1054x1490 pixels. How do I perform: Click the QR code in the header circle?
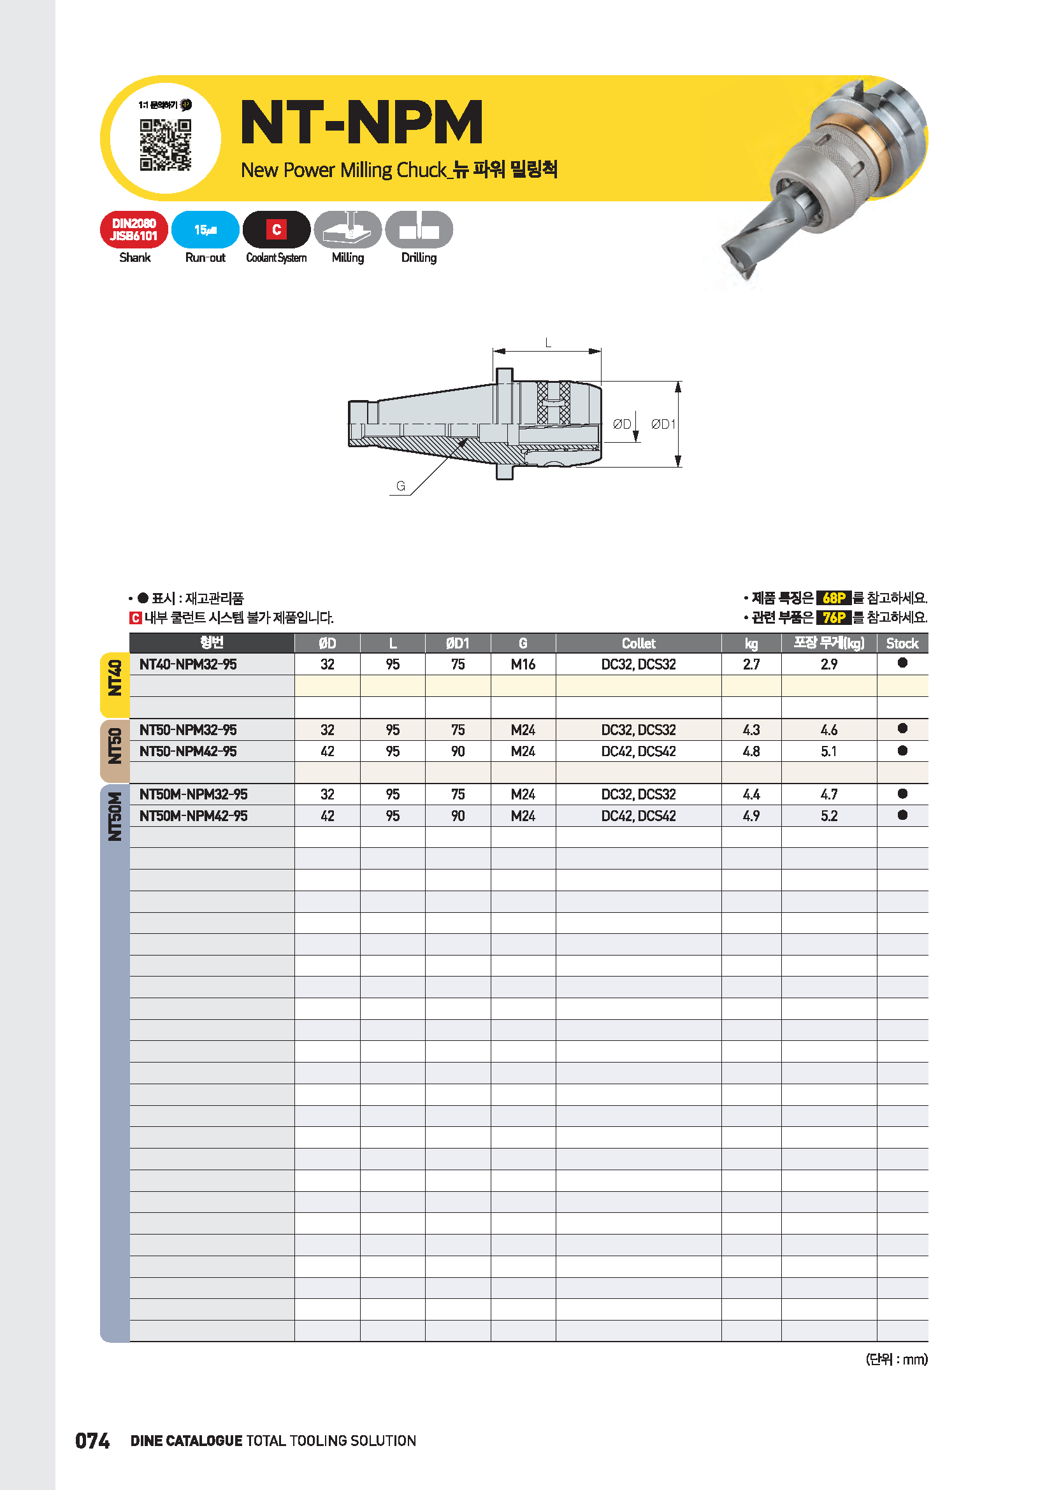[x=166, y=145]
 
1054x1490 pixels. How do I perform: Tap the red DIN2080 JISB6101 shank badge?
[x=134, y=230]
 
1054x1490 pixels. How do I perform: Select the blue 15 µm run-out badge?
[x=205, y=230]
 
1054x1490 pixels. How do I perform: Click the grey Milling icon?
[x=348, y=230]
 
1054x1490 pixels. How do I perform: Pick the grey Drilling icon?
[x=419, y=230]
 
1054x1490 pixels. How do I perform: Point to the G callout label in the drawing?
[x=400, y=485]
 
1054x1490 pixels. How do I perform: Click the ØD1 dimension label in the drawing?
[x=663, y=424]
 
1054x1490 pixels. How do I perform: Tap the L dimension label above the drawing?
[x=548, y=343]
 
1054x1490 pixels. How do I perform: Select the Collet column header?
[x=638, y=643]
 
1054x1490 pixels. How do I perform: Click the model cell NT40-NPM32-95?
[x=188, y=664]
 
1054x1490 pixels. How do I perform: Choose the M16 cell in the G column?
[x=523, y=664]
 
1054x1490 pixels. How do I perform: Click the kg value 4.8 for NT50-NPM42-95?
[x=751, y=751]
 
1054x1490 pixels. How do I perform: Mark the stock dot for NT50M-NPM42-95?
[x=902, y=815]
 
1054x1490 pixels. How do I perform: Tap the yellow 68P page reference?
[x=834, y=598]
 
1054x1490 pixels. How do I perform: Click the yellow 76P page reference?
[x=834, y=617]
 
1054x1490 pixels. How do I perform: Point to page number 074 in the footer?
[x=92, y=1441]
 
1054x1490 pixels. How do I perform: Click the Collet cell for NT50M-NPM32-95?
[x=638, y=794]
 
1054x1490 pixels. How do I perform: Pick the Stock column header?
[x=902, y=643]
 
